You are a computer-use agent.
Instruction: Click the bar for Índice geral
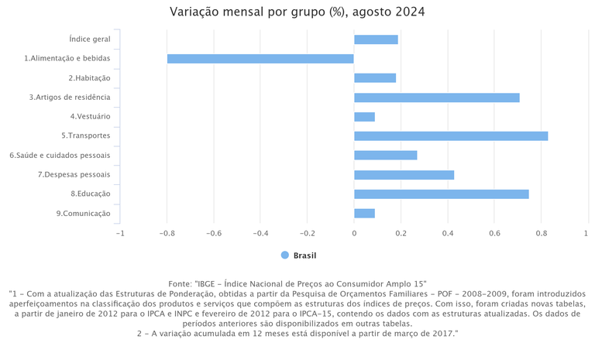point(376,39)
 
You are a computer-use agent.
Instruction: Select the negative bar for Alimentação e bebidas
point(260,59)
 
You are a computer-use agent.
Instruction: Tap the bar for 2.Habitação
point(375,78)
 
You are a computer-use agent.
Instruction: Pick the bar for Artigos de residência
point(437,98)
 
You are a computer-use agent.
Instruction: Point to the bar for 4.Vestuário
point(364,117)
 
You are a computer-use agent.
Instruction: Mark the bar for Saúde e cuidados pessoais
point(386,155)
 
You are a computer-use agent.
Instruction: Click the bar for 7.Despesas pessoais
point(404,175)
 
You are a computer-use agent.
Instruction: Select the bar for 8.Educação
point(442,194)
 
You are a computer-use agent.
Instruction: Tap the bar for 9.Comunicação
point(364,213)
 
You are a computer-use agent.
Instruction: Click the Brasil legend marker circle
point(285,255)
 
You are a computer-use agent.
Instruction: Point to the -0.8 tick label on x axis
point(167,233)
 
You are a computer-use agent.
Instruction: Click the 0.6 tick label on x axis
point(494,233)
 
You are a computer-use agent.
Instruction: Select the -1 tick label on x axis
point(119,233)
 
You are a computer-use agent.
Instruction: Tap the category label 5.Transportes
point(86,136)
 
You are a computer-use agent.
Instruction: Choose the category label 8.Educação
point(91,194)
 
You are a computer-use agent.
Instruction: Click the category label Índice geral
point(90,39)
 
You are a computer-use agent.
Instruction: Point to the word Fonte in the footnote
point(181,284)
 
